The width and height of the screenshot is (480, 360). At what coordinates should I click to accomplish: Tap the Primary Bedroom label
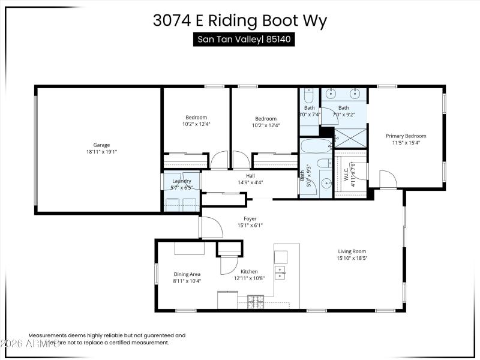[406, 136]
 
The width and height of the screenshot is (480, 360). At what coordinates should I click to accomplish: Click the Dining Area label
[187, 273]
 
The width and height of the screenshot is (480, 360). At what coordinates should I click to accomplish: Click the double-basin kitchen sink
[280, 272]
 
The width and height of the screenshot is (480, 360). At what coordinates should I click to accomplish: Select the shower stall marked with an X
[350, 137]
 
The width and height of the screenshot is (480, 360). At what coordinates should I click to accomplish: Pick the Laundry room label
[182, 181]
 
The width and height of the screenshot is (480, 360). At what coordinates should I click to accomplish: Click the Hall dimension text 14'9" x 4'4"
[250, 182]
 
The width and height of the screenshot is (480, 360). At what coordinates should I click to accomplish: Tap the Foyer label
[250, 218]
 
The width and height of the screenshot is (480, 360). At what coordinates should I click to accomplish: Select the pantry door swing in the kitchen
[229, 264]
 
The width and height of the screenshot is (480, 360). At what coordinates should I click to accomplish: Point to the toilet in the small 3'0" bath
[308, 97]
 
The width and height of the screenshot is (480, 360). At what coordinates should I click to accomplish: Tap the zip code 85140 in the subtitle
[280, 40]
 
